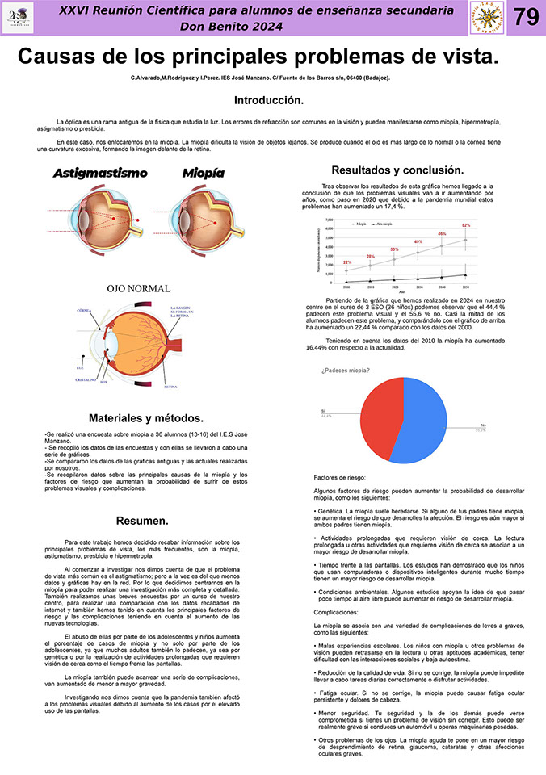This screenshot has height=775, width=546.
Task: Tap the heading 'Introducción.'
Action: pos(268,101)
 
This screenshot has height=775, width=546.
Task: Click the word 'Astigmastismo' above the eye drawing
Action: pos(100,174)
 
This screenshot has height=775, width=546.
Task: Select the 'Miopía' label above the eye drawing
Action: pos(204,174)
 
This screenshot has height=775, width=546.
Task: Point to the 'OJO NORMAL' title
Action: pos(139,288)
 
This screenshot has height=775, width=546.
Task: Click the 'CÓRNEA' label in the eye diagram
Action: pos(83,310)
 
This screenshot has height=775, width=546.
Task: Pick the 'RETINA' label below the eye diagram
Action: pos(170,387)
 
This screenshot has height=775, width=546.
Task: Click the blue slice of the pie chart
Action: pos(436,420)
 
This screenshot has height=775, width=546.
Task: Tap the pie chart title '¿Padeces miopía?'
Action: pos(346,371)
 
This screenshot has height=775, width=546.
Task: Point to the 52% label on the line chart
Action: pos(465,225)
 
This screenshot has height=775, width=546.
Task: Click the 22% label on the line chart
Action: pos(347,262)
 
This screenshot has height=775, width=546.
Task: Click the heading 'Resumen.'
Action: pos(142,520)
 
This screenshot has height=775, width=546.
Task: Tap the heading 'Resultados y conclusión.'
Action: pos(397,170)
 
